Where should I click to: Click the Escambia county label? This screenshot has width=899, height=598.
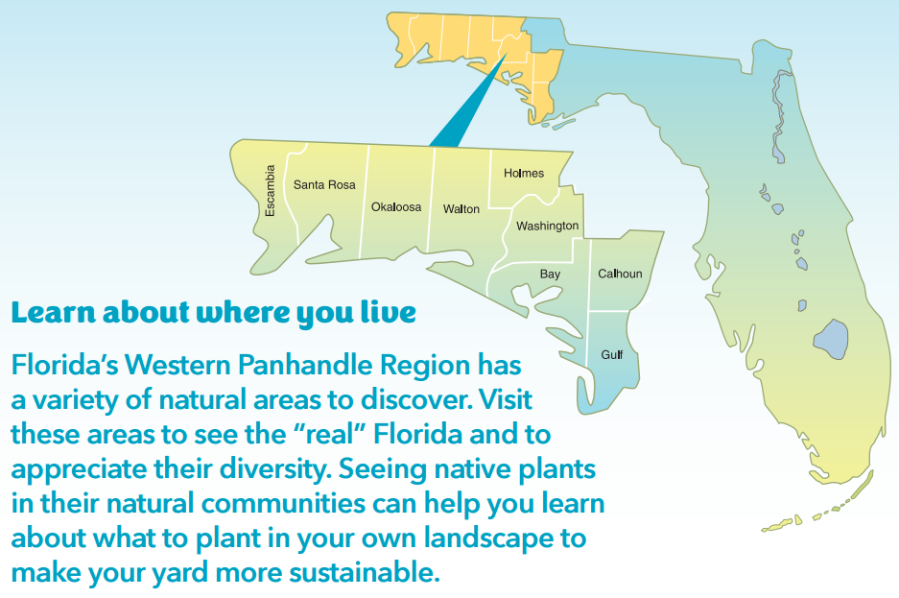click(270, 191)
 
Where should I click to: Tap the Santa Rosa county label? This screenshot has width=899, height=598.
click(324, 184)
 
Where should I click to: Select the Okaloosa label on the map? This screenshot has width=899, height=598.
click(396, 207)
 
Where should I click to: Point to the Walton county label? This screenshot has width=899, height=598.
click(461, 209)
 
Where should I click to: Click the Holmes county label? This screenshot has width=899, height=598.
click(524, 173)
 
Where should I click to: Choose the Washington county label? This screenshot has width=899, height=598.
click(548, 226)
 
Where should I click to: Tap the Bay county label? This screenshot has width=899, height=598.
click(550, 275)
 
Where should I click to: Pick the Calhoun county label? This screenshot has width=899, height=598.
click(620, 274)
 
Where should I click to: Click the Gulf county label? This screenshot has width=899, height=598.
click(612, 355)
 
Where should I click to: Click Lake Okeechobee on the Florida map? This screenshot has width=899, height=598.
click(831, 339)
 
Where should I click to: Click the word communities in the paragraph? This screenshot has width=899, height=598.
click(283, 504)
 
